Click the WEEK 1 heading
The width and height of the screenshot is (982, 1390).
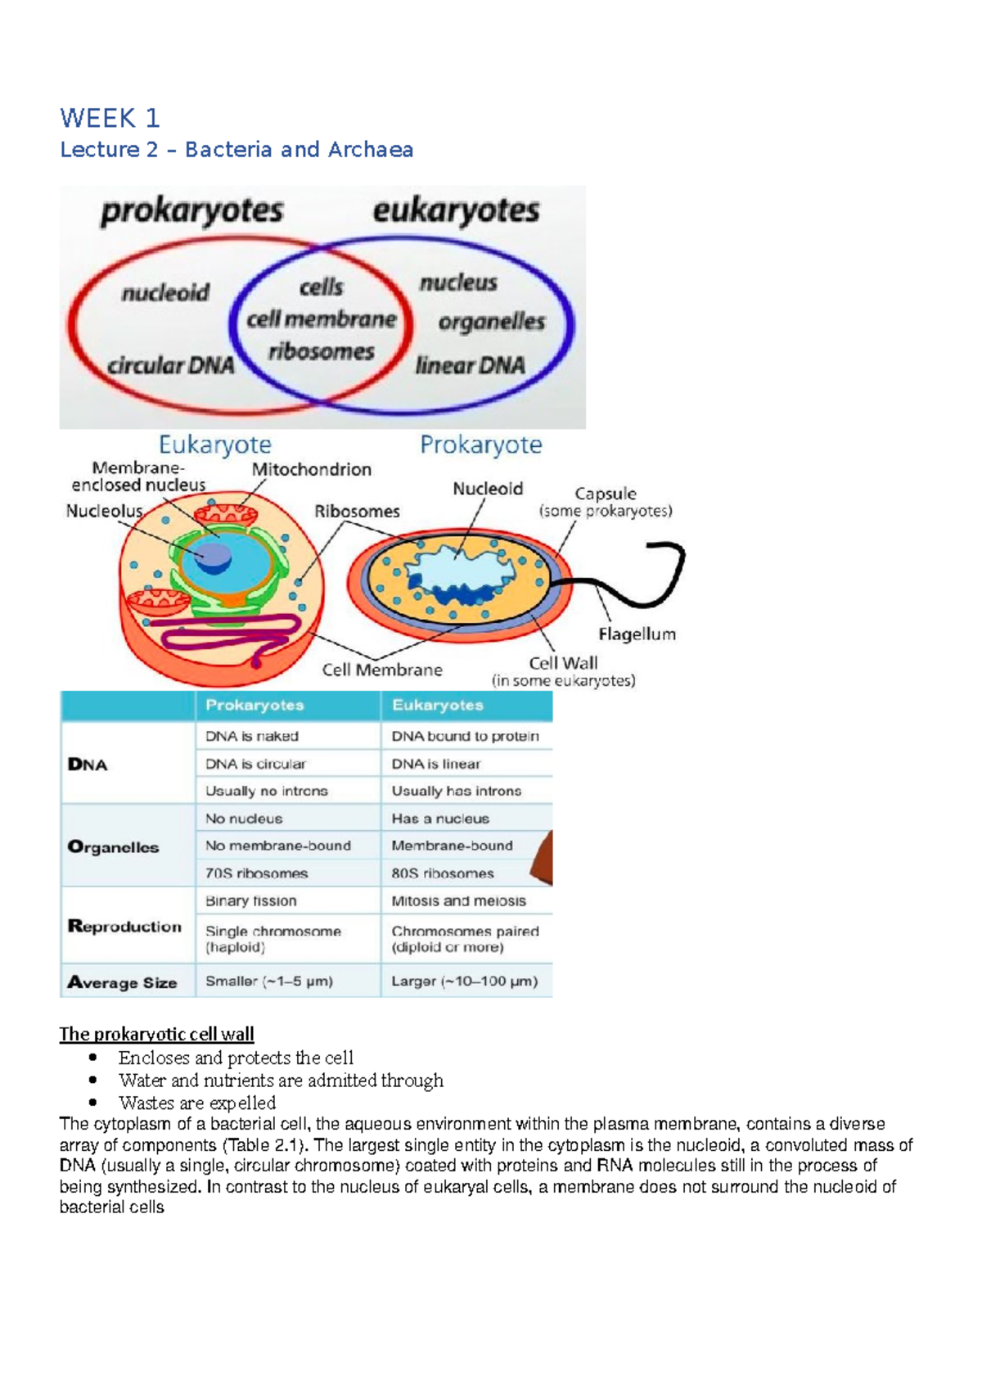(x=110, y=119)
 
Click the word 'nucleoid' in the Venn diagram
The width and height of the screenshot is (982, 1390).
(x=165, y=292)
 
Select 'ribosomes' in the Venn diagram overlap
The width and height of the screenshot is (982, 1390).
(x=321, y=352)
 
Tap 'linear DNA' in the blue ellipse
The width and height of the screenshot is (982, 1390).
(x=470, y=365)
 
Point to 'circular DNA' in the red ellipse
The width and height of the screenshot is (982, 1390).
(x=171, y=365)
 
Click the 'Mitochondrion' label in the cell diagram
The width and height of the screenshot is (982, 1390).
(x=311, y=469)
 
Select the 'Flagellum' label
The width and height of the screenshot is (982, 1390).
(x=637, y=634)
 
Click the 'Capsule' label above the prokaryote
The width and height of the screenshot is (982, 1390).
(x=605, y=494)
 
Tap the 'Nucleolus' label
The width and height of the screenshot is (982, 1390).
(x=104, y=511)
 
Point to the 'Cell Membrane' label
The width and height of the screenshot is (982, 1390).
(x=381, y=670)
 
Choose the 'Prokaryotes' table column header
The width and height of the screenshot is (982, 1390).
(x=255, y=705)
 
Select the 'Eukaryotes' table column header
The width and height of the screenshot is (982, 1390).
(x=437, y=705)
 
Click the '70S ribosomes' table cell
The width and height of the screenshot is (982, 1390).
(x=256, y=873)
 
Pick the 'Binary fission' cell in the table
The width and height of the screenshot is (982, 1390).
(x=251, y=900)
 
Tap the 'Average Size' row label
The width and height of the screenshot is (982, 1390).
(x=122, y=982)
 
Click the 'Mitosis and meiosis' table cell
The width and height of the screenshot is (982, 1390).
(x=458, y=900)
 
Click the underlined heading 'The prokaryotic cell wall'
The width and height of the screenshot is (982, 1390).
(x=156, y=1034)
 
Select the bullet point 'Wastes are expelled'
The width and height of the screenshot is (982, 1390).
(x=196, y=1103)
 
